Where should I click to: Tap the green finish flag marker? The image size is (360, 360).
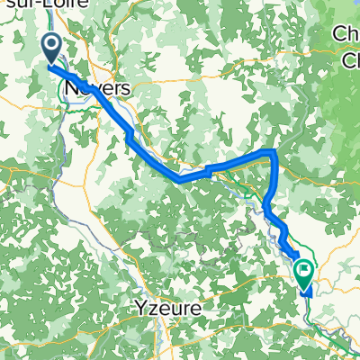click(x=303, y=269)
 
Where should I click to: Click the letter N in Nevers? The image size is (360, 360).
click(x=72, y=88)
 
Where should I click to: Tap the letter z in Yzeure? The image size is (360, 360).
click(x=151, y=307)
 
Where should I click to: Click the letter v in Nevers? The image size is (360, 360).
click(x=94, y=89)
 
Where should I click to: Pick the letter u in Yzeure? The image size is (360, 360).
click(x=172, y=307)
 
